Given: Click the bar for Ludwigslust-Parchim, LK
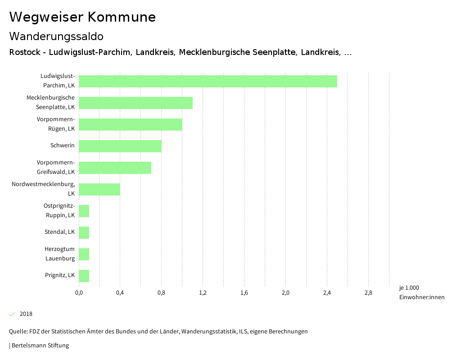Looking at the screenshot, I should [x=208, y=81].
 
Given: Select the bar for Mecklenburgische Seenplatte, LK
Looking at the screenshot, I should [x=136, y=103].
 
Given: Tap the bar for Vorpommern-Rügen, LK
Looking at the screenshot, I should [x=131, y=124].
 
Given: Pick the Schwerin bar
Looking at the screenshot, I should [x=120, y=146].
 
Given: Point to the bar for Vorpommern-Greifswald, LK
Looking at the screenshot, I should [x=115, y=168].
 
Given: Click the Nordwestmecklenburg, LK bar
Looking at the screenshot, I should [x=99, y=189].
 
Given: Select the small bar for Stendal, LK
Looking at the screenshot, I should [x=84, y=232].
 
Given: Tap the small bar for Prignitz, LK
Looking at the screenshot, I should [x=84, y=276].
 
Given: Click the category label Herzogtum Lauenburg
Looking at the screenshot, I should [x=59, y=254].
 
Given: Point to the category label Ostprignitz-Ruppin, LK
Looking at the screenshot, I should [x=59, y=210].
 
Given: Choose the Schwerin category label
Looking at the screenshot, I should [x=63, y=145].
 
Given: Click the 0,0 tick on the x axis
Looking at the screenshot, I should [x=79, y=293].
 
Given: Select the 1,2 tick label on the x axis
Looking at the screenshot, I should [x=203, y=293].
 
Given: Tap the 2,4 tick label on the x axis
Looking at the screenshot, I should [x=327, y=293].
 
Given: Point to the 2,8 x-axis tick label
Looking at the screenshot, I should [x=368, y=293].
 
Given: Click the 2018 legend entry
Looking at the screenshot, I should [x=26, y=314].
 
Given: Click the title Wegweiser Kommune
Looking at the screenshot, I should [x=82, y=17].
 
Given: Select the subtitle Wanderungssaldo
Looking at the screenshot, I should [x=56, y=36].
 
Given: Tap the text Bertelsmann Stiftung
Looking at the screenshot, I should [x=40, y=346].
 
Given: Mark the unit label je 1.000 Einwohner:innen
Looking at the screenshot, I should [x=421, y=292].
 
